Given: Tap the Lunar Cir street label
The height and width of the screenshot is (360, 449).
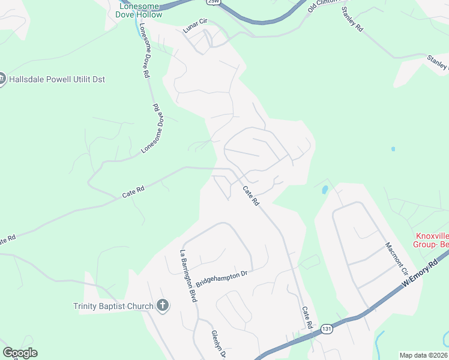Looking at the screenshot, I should (x=194, y=29).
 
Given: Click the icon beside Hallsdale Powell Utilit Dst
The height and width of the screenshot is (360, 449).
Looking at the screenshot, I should (x=2, y=79).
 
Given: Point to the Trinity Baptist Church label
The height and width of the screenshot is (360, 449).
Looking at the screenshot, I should (x=114, y=307).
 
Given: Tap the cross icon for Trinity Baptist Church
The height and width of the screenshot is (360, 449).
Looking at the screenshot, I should (x=162, y=306).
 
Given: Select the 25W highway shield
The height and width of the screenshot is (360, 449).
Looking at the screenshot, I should (x=214, y=2).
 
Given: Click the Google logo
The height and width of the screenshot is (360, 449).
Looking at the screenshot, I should (x=20, y=353).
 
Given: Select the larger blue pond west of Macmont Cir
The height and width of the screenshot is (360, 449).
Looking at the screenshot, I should (x=325, y=190).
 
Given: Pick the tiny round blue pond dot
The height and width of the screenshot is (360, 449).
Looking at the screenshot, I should (x=393, y=149).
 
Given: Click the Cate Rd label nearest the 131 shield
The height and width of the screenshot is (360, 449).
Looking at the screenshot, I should (x=307, y=317).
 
